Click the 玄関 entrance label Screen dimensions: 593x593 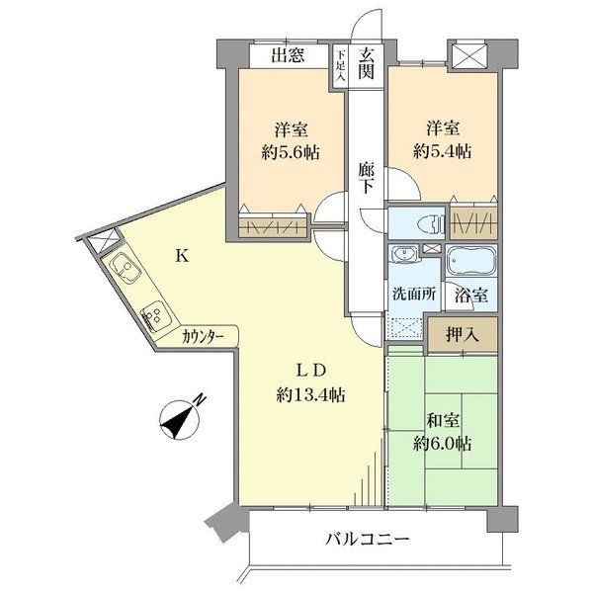pyautogui.click(x=366, y=64)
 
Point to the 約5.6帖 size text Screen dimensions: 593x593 pyautogui.click(x=291, y=153)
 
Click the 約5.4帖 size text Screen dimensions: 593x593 pyautogui.click(x=443, y=151)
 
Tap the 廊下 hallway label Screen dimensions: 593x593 pyautogui.click(x=366, y=177)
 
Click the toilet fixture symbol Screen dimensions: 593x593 pyautogui.click(x=430, y=223)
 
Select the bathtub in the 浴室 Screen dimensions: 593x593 pyautogui.click(x=471, y=260)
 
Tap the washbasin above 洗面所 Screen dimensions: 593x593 pyautogui.click(x=404, y=253)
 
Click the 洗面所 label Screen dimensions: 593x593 pyautogui.click(x=414, y=294)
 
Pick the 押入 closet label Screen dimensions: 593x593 pyautogui.click(x=463, y=334)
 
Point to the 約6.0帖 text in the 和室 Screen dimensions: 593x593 pyautogui.click(x=443, y=444)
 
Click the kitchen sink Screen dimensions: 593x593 pyautogui.click(x=126, y=268)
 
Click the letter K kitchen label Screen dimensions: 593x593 pyautogui.click(x=182, y=257)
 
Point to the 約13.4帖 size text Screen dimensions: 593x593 pyautogui.click(x=310, y=395)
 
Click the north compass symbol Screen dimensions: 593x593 pyautogui.click(x=181, y=418)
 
